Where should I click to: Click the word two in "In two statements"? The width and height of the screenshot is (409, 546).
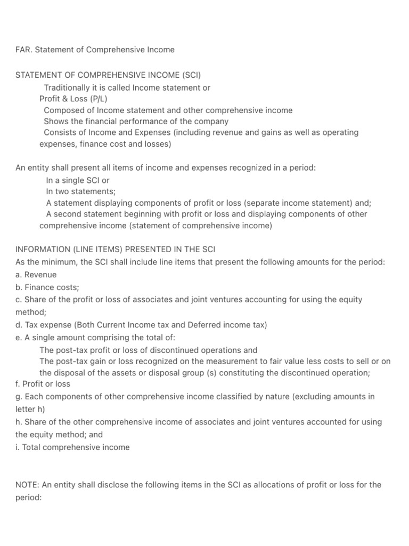(x=64, y=191)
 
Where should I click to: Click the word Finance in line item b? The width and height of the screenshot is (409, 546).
(x=39, y=287)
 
